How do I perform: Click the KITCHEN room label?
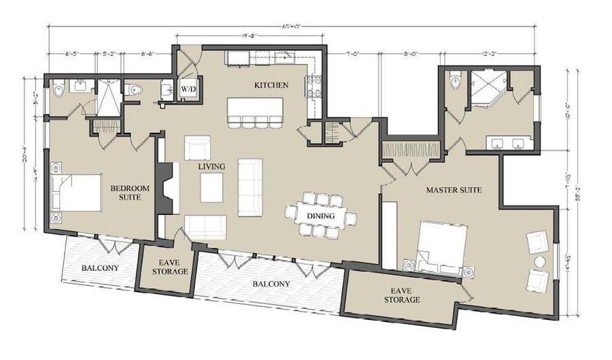point(271,85)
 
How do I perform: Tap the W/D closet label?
point(188,88)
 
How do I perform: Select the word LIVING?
point(211,166)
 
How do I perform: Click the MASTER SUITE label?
point(454,190)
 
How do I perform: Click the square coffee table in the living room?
point(211,188)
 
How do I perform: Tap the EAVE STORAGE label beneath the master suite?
point(401,295)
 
